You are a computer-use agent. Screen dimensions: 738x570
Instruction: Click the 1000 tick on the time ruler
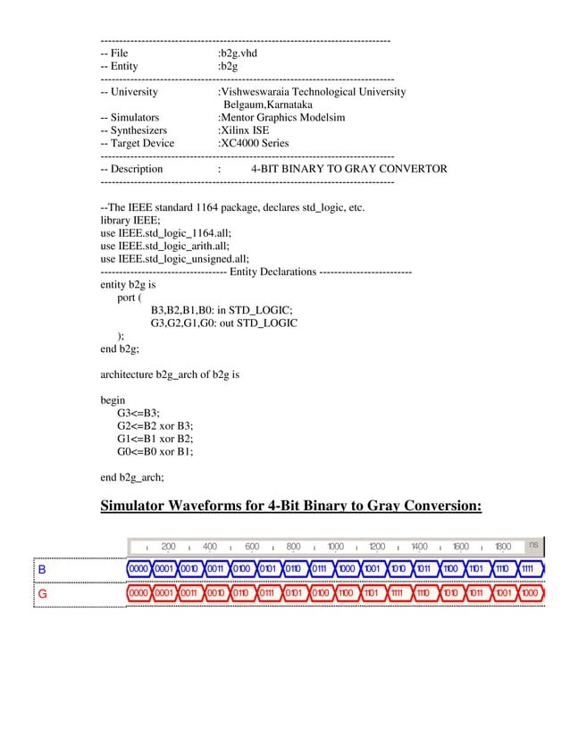[x=335, y=547]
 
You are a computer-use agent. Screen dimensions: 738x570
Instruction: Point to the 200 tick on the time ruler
[x=168, y=547]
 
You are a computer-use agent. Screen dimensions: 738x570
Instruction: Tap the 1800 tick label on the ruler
[x=502, y=547]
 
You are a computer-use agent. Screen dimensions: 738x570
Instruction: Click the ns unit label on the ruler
[x=533, y=544]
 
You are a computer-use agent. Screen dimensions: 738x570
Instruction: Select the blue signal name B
[x=41, y=568]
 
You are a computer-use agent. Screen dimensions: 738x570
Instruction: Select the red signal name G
[x=41, y=592]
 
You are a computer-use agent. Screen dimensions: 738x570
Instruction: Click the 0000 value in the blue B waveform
[x=138, y=568]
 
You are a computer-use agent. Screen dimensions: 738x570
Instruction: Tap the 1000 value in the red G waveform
[x=530, y=592]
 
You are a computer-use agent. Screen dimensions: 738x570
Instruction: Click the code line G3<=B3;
[x=138, y=413]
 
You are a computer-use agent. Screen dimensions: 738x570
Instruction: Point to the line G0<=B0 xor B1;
[x=155, y=452]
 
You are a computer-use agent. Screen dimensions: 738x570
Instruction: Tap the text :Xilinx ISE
[x=243, y=130]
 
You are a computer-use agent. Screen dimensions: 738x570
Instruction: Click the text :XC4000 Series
[x=253, y=143]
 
